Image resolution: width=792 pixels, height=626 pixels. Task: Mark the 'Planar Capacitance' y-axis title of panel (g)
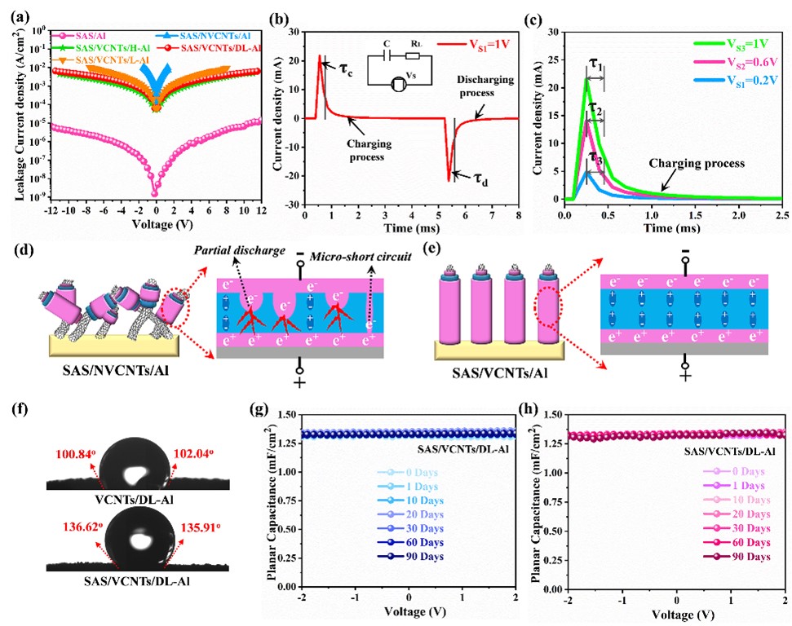tap(275, 497)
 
